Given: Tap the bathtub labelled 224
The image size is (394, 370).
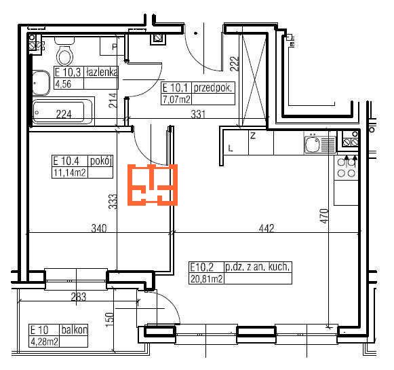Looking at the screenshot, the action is click(x=62, y=112).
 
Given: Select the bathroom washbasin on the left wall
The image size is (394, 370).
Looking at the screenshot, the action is click(x=41, y=83).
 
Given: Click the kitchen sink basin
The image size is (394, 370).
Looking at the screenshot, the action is click(x=313, y=144).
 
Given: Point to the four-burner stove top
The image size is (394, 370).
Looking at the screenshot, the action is click(x=347, y=167).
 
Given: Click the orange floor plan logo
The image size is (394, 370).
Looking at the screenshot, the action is click(x=153, y=185).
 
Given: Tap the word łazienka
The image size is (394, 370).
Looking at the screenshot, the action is click(x=102, y=73).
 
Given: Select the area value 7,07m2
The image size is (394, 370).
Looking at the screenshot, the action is click(x=176, y=100).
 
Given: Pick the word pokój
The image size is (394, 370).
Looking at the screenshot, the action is click(x=100, y=161).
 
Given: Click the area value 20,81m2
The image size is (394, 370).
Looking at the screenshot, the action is click(x=207, y=279).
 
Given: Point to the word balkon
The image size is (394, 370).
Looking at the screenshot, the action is click(x=75, y=330).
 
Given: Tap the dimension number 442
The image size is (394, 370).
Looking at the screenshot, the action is click(x=267, y=228).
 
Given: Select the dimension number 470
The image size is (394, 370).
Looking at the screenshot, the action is click(x=324, y=216).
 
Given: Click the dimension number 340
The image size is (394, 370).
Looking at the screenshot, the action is click(x=99, y=228).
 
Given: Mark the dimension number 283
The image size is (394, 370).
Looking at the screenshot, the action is click(x=79, y=297).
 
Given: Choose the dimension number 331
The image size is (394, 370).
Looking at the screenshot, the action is click(x=198, y=114).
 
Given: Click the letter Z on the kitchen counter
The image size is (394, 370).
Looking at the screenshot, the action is click(x=253, y=136).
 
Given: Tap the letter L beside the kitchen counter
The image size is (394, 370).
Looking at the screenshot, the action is click(x=231, y=148).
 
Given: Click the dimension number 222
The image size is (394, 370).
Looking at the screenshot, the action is click(x=234, y=64).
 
